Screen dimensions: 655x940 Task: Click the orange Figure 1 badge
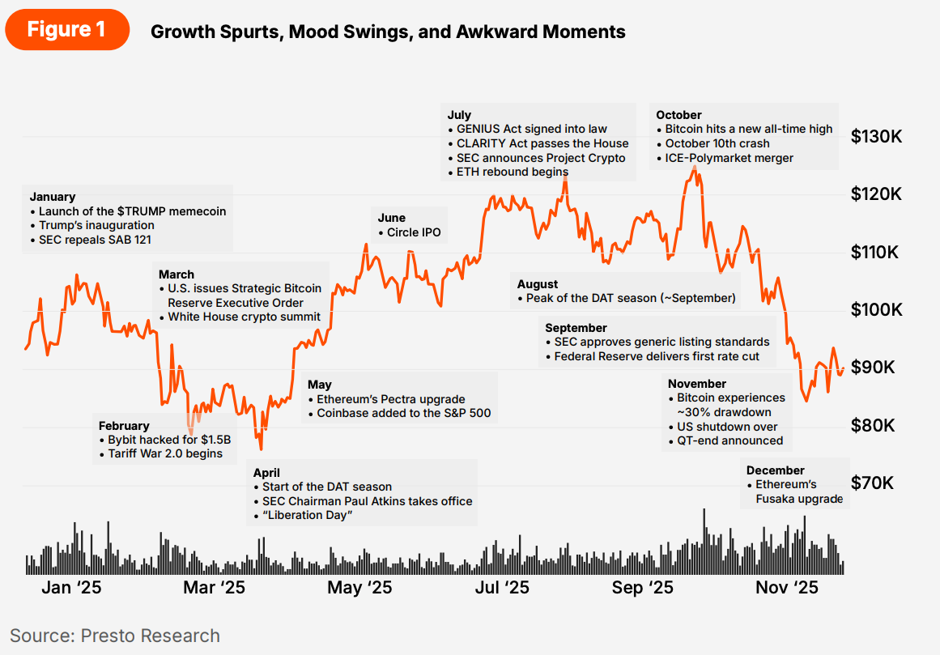66,30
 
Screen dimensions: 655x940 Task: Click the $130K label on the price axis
876,137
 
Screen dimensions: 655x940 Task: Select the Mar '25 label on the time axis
214,587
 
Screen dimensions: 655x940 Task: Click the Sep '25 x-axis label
643,587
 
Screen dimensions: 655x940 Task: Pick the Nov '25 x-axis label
787,587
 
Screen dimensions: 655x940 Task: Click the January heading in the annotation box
53,197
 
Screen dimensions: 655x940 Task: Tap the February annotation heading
124,426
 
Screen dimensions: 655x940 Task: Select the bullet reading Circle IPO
414,232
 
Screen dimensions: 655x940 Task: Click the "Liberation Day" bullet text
307,516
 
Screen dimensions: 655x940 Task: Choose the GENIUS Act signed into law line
532,129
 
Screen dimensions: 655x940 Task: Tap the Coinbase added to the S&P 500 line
403,413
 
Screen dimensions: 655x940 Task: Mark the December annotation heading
776,470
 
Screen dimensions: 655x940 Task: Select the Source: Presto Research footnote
115,636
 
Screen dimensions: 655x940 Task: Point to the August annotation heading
538,284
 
